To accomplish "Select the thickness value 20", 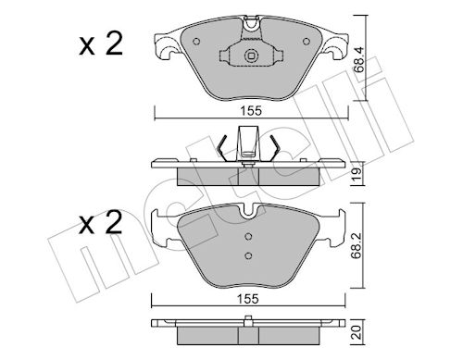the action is (357, 333).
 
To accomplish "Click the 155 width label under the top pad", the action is (251, 111).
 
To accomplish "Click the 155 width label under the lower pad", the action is (247, 299).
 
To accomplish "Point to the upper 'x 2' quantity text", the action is (101, 43).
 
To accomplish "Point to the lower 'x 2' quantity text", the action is (101, 222).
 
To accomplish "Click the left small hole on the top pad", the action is (196, 41).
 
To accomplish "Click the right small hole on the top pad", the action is (307, 41).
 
